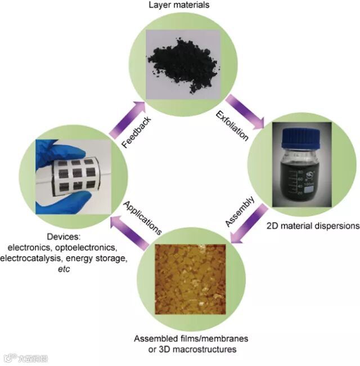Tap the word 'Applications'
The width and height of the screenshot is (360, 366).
pyautogui.click(x=143, y=216)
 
